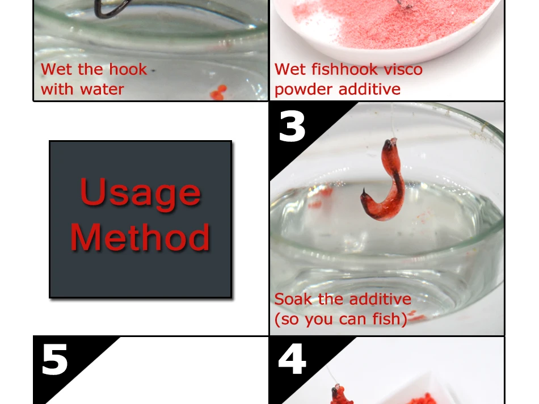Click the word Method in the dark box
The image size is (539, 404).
pos(140,237)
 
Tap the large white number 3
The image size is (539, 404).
pos(292,127)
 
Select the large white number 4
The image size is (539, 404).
pos(292,359)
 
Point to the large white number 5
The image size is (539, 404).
pos(54,360)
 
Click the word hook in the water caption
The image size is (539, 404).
pos(128,69)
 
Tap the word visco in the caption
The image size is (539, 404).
pos(403,69)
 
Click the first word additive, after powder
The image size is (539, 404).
pos(369,89)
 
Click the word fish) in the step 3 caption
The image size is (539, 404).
pos(390,319)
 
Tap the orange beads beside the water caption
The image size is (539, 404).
pos(218,92)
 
